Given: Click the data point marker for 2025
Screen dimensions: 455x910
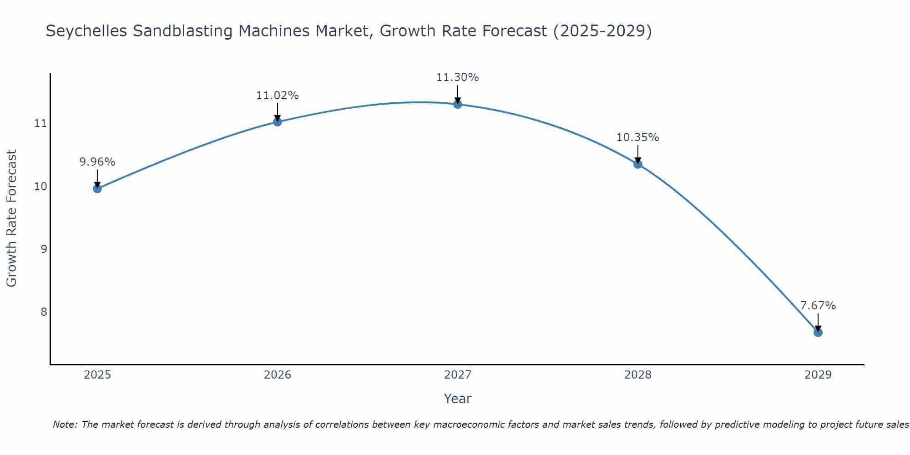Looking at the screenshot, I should pyautogui.click(x=97, y=188).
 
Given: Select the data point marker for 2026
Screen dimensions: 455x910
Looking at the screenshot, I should pyautogui.click(x=278, y=121).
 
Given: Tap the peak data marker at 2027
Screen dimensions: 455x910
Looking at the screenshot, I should pyautogui.click(x=458, y=104).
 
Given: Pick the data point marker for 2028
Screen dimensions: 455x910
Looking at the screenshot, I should pyautogui.click(x=638, y=164).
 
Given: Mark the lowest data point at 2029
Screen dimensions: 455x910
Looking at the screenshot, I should pyautogui.click(x=818, y=333).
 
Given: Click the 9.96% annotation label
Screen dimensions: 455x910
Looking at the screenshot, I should pyautogui.click(x=97, y=162).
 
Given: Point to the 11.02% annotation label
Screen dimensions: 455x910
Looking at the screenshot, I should pyautogui.click(x=278, y=96).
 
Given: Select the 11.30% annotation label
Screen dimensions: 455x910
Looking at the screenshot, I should pyautogui.click(x=458, y=77).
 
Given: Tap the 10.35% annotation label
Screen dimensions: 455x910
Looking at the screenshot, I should pyautogui.click(x=638, y=137).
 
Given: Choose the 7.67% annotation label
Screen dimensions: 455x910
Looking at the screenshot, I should pyautogui.click(x=818, y=306).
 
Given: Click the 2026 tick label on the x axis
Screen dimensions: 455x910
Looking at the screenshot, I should pyautogui.click(x=278, y=375).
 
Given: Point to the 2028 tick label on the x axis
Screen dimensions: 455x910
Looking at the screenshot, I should pyautogui.click(x=638, y=375).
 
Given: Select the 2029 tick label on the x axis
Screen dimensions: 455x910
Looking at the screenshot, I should pyautogui.click(x=818, y=375).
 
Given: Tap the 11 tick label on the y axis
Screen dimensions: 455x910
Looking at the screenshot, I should pyautogui.click(x=40, y=123).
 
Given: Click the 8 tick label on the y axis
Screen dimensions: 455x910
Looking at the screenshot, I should pyautogui.click(x=44, y=312).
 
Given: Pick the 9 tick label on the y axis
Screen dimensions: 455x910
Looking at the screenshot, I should pyautogui.click(x=44, y=249).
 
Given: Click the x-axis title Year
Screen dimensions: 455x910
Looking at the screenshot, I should pyautogui.click(x=458, y=399).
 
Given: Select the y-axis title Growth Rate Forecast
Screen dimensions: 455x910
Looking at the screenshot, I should pyautogui.click(x=12, y=218).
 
